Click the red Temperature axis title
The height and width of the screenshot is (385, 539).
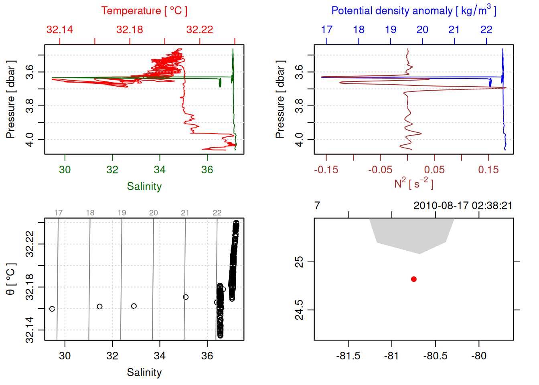(x=144, y=11)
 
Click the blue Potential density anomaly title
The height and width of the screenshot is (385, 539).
(x=413, y=11)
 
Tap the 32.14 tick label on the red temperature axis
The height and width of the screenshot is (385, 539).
(x=60, y=30)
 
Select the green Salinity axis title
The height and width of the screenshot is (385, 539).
(x=144, y=186)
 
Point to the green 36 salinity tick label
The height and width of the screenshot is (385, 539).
(x=207, y=170)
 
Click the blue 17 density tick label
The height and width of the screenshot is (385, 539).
(x=327, y=30)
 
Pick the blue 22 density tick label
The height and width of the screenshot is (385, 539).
(x=486, y=30)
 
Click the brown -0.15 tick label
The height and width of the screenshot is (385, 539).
(x=326, y=170)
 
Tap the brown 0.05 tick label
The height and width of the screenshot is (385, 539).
(x=434, y=170)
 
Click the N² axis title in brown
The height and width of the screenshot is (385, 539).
(x=413, y=184)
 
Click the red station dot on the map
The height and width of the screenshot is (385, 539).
(x=414, y=279)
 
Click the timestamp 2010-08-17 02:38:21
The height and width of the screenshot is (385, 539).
(x=463, y=206)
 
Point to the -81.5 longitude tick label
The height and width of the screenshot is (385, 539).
(x=348, y=356)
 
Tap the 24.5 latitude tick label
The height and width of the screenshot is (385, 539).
(x=300, y=310)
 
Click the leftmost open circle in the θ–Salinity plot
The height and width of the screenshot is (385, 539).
(x=52, y=309)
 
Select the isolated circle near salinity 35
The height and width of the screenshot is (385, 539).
(x=186, y=297)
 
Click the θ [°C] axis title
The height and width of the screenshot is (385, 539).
(x=11, y=279)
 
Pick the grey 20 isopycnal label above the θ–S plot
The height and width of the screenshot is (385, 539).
(x=154, y=213)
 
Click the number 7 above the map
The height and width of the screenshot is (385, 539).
(x=317, y=206)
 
